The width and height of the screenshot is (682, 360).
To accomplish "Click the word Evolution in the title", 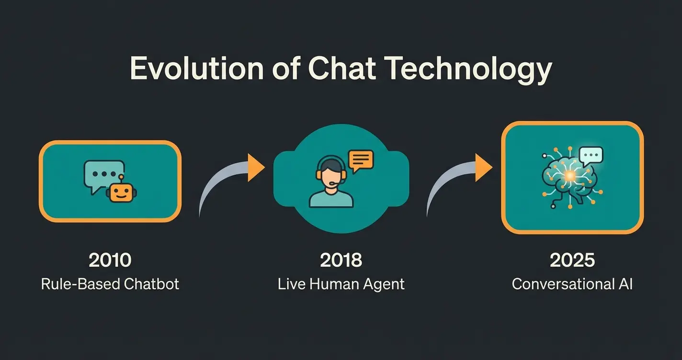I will click(x=197, y=68).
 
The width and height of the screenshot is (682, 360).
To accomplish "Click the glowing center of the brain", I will click(x=570, y=176).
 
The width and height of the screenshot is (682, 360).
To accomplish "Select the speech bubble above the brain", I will click(x=591, y=155).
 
